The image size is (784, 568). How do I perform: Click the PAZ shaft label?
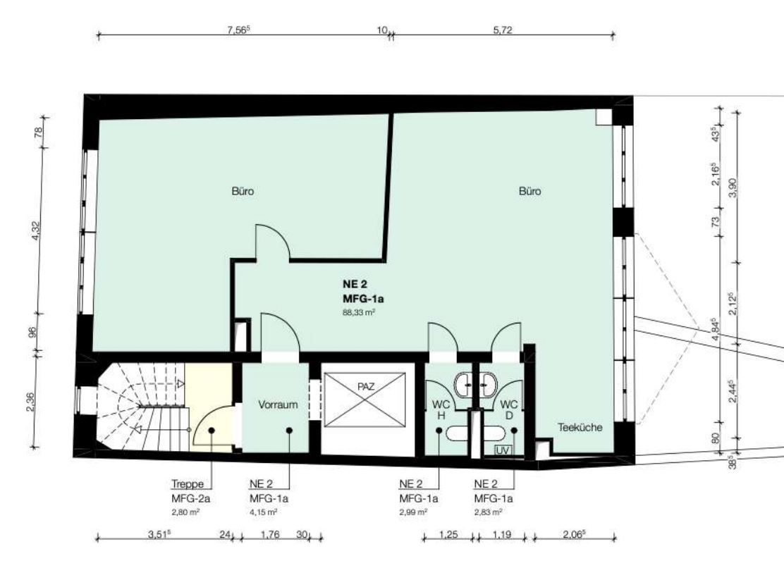(366, 386)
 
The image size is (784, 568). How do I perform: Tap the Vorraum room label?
(278, 405)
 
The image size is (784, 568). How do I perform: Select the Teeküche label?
(580, 427)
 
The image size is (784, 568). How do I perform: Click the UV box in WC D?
(503, 450)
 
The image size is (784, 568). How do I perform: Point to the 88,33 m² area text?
(359, 313)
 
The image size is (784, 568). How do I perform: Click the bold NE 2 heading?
(355, 284)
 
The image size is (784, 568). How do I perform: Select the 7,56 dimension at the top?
(238, 30)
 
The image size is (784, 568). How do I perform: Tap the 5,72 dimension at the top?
(503, 30)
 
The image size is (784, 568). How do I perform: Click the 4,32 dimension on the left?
(35, 230)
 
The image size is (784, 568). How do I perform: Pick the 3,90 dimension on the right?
(733, 187)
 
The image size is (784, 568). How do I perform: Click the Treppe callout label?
(188, 483)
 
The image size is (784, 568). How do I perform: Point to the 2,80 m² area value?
(185, 512)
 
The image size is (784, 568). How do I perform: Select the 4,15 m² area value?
(264, 512)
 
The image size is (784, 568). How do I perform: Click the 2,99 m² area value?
(413, 512)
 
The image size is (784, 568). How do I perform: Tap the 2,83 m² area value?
(489, 512)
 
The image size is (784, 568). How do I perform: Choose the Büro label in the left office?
(243, 191)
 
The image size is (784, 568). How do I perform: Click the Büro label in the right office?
(530, 191)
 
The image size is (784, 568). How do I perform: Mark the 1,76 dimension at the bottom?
(270, 534)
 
